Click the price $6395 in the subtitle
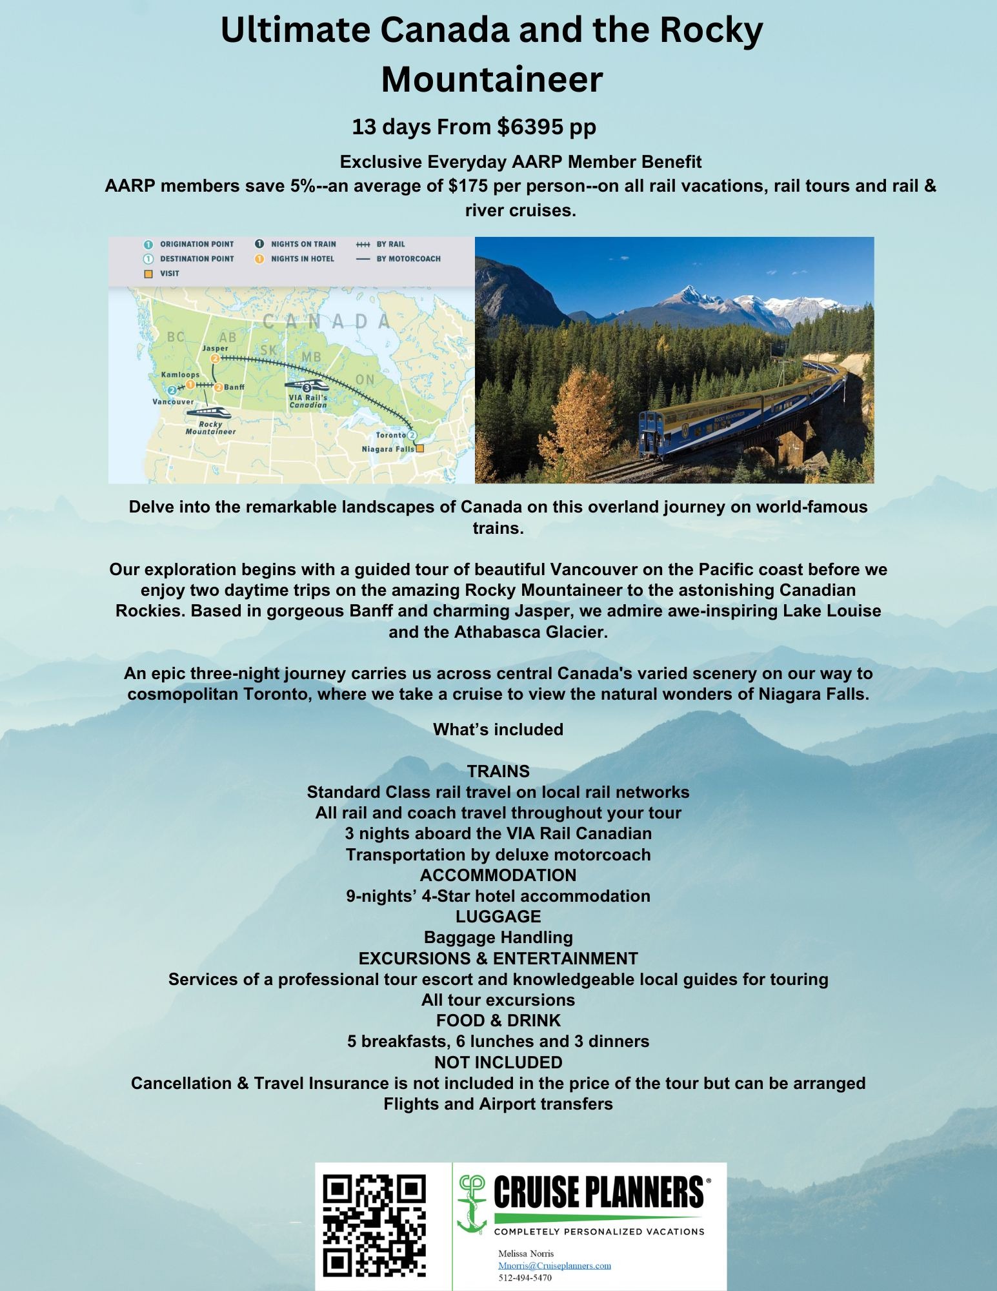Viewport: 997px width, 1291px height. (530, 127)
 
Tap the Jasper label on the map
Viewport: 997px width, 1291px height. (215, 349)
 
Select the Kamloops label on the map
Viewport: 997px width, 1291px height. (180, 374)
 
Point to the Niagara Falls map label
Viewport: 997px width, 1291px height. (387, 449)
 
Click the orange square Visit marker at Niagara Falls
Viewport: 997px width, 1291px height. (420, 448)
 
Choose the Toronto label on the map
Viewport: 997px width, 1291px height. (391, 435)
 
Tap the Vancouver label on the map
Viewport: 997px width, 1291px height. (173, 402)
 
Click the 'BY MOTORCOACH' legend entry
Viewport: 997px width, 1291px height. (408, 259)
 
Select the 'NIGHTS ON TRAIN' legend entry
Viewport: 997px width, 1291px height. (303, 244)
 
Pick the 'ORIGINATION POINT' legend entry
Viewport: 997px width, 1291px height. (197, 244)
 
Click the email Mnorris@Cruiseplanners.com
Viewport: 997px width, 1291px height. (554, 1266)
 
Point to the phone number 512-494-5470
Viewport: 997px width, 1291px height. (525, 1277)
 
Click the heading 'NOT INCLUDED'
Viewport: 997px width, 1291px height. (498, 1062)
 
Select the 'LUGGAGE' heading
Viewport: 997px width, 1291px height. (498, 917)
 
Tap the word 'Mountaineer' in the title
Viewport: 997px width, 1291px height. (492, 79)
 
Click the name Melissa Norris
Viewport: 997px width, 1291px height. (526, 1254)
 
